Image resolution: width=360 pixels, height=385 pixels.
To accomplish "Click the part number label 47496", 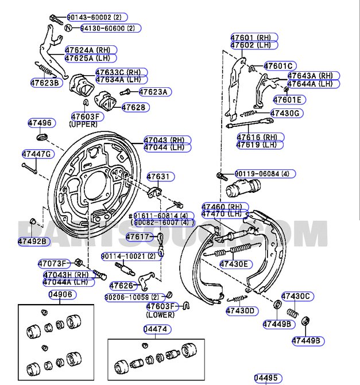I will [40, 123].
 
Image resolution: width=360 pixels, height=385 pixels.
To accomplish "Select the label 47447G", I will [37, 154].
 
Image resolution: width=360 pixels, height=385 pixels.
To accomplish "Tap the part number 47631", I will [158, 177].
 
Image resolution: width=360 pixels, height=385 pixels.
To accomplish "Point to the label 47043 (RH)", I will [164, 139].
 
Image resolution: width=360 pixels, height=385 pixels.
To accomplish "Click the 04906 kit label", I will [60, 295].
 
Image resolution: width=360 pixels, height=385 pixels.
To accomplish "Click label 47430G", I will [285, 114].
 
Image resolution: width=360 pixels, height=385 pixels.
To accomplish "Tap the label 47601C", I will [278, 66].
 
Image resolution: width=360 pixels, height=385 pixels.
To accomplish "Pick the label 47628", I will [135, 107].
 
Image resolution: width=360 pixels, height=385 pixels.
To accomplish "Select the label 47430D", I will [239, 311].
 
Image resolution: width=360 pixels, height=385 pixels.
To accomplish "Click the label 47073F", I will [53, 263].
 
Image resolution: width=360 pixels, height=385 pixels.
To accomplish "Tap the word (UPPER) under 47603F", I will [83, 124].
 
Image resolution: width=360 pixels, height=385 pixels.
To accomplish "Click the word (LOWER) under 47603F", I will [160, 315].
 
